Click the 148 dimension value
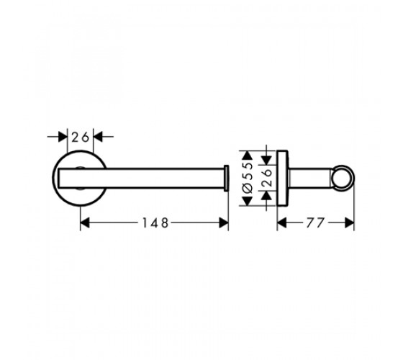[x=155, y=222]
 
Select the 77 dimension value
[x=315, y=222]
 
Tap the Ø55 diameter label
[x=248, y=178]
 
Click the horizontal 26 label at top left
[x=80, y=137]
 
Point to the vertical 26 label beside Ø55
[x=268, y=178]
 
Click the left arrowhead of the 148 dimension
[x=85, y=222]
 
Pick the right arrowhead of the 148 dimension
[x=224, y=222]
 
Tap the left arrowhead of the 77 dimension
[x=281, y=222]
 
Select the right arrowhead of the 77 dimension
[x=349, y=222]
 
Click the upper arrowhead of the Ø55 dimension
[x=248, y=156]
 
